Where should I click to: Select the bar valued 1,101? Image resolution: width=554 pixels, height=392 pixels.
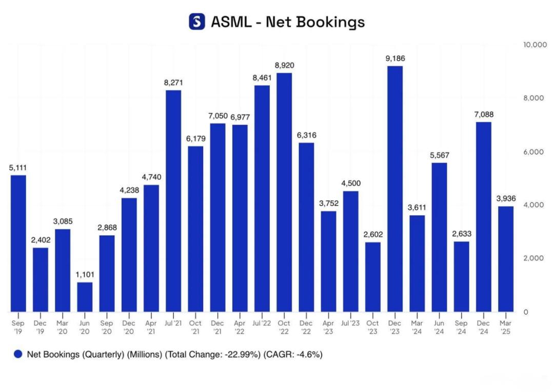pos(85,297)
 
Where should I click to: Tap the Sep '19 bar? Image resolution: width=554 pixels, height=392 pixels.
pos(18,243)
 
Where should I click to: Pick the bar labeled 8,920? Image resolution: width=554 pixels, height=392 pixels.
pos(284,192)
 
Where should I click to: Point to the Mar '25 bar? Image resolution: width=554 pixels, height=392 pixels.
pos(506,259)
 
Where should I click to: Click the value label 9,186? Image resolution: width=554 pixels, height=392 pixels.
pos(394,58)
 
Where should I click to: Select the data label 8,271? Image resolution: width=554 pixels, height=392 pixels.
pos(173,82)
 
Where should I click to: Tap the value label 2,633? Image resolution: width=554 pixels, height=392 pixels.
pos(461,234)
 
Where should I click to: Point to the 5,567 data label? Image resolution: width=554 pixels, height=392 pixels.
pos(439,155)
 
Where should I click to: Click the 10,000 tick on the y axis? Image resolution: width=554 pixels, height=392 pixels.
pos(535,45)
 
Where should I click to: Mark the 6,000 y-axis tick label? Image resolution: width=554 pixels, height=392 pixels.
pos(533,152)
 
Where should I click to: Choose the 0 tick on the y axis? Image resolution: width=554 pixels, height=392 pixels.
pos(526,312)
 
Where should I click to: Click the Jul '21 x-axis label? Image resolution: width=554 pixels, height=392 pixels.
pos(173,323)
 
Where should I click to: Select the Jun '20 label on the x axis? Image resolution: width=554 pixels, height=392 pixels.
pos(85,327)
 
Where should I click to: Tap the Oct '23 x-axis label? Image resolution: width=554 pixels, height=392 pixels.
pos(373,327)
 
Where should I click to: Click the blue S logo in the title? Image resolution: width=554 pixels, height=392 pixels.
pos(197,22)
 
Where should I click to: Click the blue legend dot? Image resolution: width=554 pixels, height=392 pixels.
pos(18,354)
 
